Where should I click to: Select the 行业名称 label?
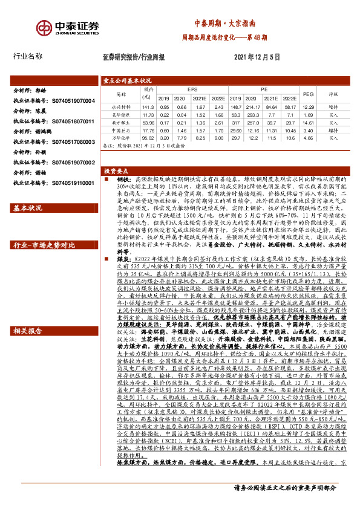click(x=28, y=56)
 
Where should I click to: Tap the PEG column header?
click(x=308, y=93)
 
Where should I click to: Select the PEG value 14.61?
click(x=308, y=122)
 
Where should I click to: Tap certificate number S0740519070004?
click(x=70, y=101)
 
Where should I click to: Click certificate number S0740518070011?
click(x=70, y=122)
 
